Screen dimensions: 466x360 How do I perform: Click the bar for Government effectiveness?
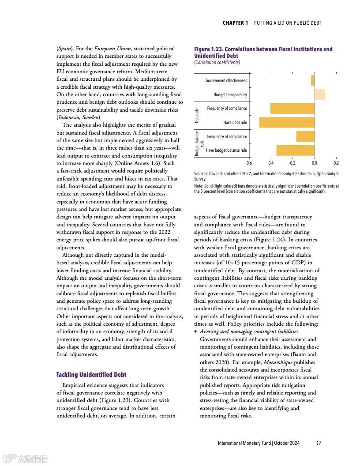point(313,80)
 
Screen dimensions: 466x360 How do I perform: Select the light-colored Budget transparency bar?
point(320,94)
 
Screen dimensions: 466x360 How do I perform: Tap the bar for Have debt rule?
point(287,122)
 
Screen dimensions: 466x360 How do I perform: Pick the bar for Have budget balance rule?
point(295,150)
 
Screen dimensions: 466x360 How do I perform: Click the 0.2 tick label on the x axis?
point(336,163)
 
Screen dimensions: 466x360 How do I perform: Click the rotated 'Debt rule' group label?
point(197,115)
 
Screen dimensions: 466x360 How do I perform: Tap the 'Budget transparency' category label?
point(230,95)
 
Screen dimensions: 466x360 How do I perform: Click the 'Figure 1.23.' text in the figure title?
point(209,49)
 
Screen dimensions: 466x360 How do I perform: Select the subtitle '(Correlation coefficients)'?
point(217,62)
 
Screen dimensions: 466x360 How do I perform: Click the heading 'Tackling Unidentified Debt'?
point(91,375)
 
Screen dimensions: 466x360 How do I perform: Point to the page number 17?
point(319,443)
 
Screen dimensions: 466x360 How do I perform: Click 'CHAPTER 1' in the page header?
point(235,23)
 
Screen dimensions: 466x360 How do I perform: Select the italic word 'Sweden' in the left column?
point(90,117)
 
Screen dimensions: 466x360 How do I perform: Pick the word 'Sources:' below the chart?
point(202,174)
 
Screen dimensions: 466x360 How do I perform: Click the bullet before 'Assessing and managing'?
point(195,331)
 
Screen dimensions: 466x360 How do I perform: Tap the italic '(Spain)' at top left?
point(65,49)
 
